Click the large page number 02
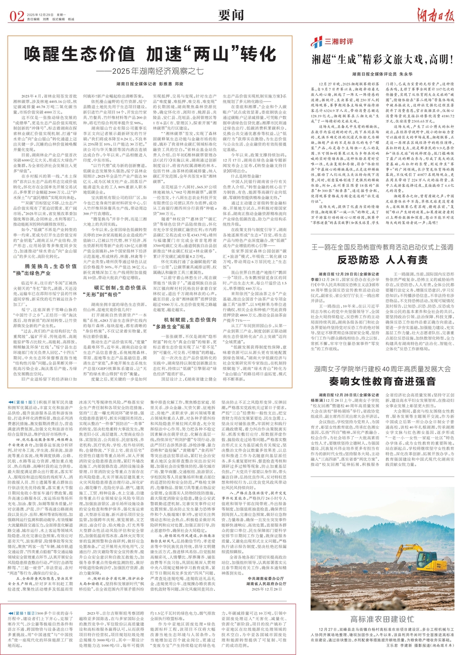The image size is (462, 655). click(17, 16)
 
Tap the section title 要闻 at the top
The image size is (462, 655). click(231, 16)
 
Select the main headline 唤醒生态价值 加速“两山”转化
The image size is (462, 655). click(150, 54)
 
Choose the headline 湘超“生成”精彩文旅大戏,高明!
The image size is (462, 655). click(382, 59)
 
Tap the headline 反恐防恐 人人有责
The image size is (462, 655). click(382, 260)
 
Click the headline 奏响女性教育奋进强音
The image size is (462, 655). click(382, 381)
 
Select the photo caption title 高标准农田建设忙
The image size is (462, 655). click(382, 619)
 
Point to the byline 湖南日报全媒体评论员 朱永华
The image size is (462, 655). click(382, 74)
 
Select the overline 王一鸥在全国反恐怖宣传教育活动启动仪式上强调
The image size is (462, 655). click(382, 247)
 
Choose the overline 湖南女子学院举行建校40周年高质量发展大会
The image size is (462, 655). click(382, 369)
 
